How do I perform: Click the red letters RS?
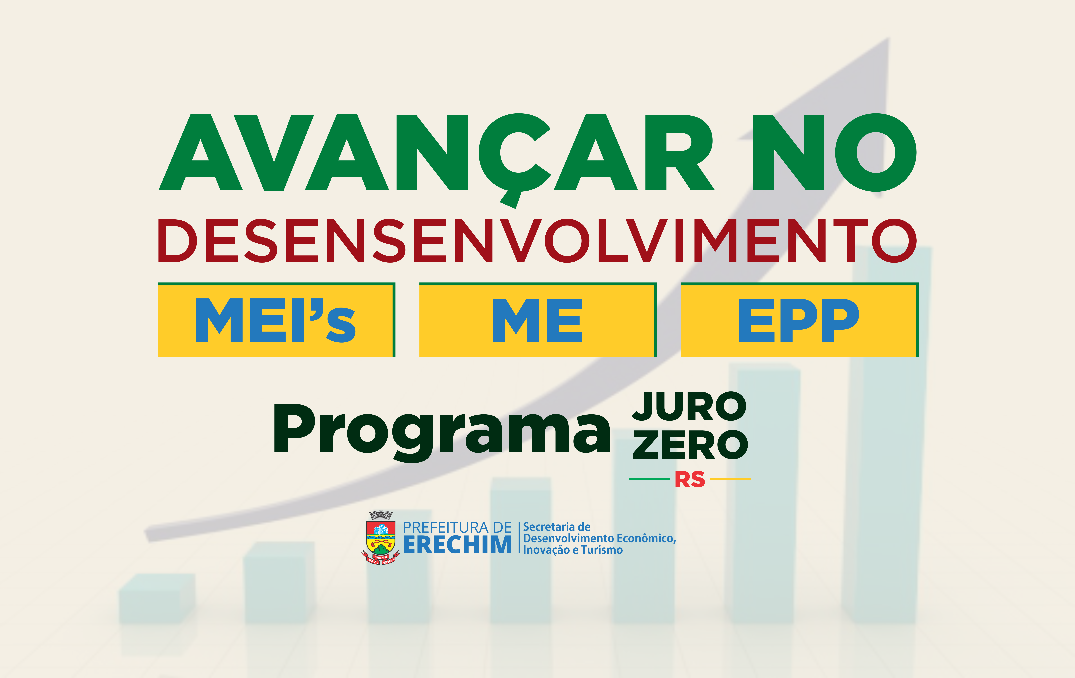coord(690,479)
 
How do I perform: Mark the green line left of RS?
coord(650,479)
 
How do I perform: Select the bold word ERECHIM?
coord(458,545)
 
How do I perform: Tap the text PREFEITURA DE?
coord(457,527)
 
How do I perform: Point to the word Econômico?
coord(645,538)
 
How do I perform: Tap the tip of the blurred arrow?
coord(888,38)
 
